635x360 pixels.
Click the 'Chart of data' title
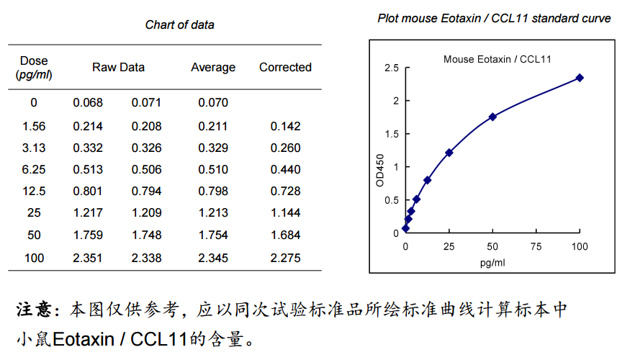point(179,24)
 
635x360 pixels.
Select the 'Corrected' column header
point(285,67)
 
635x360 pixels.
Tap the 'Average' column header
point(213,67)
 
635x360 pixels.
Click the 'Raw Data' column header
point(118,67)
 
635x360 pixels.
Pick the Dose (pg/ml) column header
point(34,67)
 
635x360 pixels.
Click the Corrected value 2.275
point(286,258)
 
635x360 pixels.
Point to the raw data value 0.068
point(88,103)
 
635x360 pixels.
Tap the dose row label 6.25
point(34,170)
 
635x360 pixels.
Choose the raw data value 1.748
point(146,235)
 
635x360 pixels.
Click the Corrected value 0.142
point(286,127)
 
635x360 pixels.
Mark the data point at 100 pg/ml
point(580,78)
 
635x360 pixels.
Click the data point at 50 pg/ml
point(492,117)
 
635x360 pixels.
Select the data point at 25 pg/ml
point(449,153)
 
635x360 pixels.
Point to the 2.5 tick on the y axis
point(392,68)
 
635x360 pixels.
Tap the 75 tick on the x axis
point(536,247)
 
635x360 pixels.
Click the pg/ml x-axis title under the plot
point(492,262)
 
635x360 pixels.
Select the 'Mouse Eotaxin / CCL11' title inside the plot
point(497,59)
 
